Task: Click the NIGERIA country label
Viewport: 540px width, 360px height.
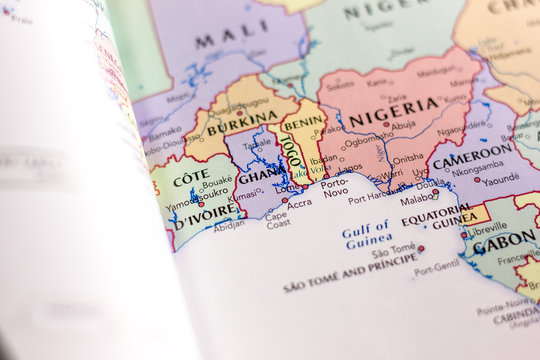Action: pos(393,111)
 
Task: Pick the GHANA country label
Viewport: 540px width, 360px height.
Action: pos(260,175)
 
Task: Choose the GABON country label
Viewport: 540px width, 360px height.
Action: pos(504,243)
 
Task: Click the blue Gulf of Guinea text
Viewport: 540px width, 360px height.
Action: pos(366,234)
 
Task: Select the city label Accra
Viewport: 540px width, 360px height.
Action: pos(299,203)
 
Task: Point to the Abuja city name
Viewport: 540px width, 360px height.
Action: pos(403,127)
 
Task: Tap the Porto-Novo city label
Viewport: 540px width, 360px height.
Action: pos(334,186)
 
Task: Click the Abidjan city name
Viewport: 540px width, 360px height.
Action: pos(228,225)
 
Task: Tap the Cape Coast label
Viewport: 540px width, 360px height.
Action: pos(277,220)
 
